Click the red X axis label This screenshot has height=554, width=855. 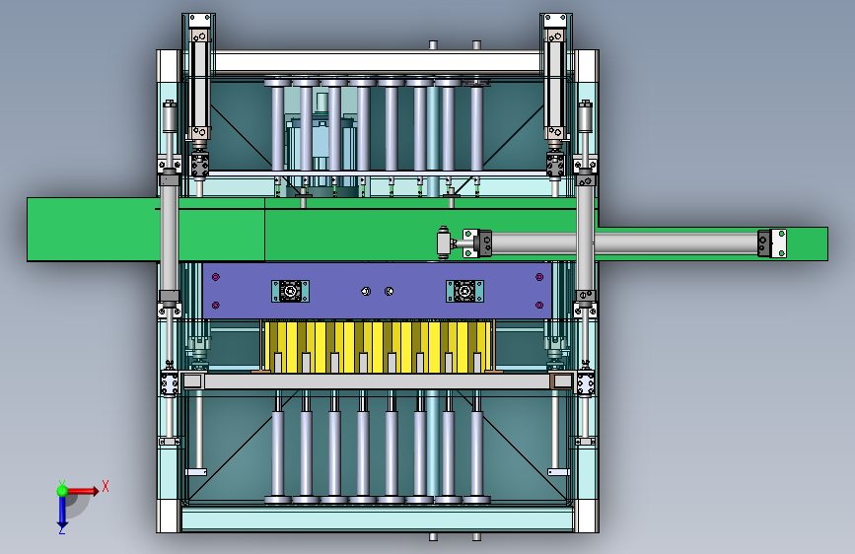(106, 486)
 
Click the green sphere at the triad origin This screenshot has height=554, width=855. (62, 491)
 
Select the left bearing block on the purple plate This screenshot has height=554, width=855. (290, 291)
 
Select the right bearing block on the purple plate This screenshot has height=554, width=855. (464, 291)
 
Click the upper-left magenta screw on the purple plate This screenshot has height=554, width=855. (216, 277)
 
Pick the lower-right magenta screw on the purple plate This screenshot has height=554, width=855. (539, 305)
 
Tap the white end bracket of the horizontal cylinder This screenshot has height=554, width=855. (772, 243)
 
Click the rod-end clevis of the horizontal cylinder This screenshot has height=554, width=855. (445, 242)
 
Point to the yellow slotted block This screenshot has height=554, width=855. (378, 347)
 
